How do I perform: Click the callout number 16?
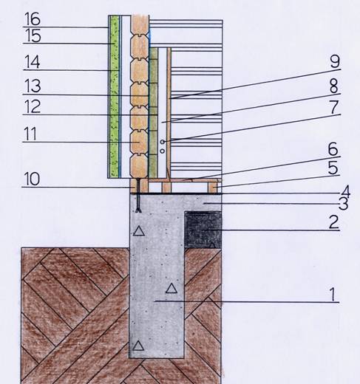point(33,19)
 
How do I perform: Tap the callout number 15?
point(33,35)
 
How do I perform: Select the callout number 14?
point(32,62)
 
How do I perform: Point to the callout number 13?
point(32,86)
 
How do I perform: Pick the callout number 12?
point(32,106)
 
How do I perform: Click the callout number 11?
point(30,134)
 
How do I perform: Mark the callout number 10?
point(32,179)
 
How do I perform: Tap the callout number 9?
point(335,61)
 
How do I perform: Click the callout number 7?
point(334,107)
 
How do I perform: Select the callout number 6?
point(333,149)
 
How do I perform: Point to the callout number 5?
point(333,168)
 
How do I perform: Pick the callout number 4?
point(345,191)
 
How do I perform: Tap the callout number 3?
point(343,204)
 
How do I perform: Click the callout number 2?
point(334,222)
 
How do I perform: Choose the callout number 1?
point(333,295)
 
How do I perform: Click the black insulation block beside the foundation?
point(203,230)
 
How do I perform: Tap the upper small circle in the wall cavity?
point(163,142)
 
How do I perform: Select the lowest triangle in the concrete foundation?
point(138,346)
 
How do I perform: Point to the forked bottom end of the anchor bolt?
point(139,210)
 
